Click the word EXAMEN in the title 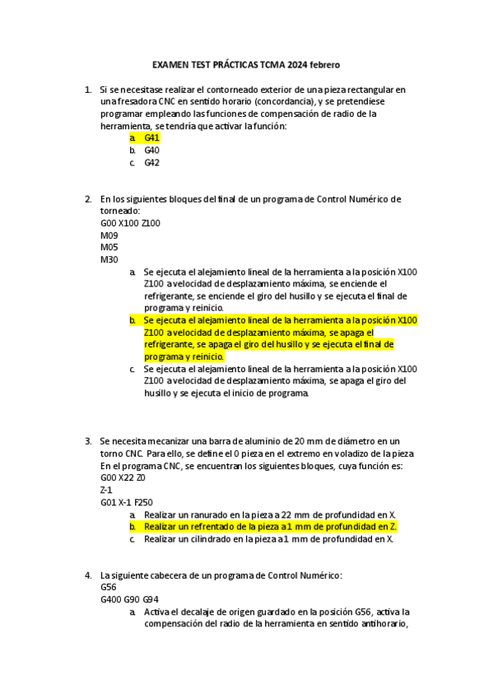[x=169, y=64]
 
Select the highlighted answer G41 [x=151, y=138]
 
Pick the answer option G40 [x=151, y=151]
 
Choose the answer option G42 [x=151, y=163]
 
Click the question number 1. [x=87, y=90]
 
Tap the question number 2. [x=87, y=199]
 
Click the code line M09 [x=109, y=235]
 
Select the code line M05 [x=109, y=248]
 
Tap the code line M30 [x=109, y=260]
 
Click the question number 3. [x=87, y=441]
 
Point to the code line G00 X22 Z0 [x=123, y=477]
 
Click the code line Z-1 [x=107, y=490]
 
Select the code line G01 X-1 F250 [x=126, y=502]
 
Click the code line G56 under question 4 [x=108, y=588]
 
